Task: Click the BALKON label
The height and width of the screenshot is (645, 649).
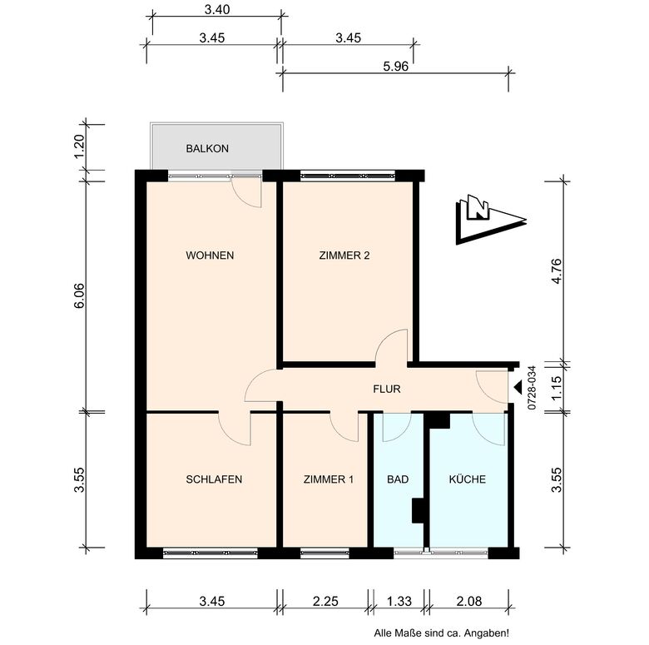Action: [x=207, y=149]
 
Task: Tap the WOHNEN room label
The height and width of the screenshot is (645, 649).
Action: [x=210, y=256]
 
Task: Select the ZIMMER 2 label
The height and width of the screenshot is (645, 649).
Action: [x=344, y=256]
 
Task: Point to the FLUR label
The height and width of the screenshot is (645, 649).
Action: [x=387, y=389]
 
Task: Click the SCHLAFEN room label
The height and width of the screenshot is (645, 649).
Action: [x=214, y=479]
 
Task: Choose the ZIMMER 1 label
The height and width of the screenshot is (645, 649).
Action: [x=329, y=479]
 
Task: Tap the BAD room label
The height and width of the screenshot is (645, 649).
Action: [x=398, y=479]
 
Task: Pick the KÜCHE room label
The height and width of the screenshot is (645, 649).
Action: [x=468, y=479]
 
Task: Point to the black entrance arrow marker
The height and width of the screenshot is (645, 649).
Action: [x=518, y=388]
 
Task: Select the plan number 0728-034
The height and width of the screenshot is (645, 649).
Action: [x=532, y=388]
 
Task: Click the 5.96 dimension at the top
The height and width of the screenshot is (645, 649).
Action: [x=396, y=67]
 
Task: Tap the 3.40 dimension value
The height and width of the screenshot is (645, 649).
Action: [x=217, y=9]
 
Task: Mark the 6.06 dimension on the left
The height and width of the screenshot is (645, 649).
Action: [x=79, y=295]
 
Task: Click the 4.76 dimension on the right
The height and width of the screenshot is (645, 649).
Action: [x=557, y=271]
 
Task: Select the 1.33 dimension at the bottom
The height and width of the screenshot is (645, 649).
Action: [x=399, y=601]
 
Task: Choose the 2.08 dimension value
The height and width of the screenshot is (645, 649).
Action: [x=469, y=601]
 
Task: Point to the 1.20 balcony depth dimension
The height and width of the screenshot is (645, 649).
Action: [x=79, y=146]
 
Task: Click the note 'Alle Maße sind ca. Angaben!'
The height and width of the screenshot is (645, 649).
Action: [x=442, y=633]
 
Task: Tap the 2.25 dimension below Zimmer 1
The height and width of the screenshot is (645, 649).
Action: [x=325, y=601]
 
